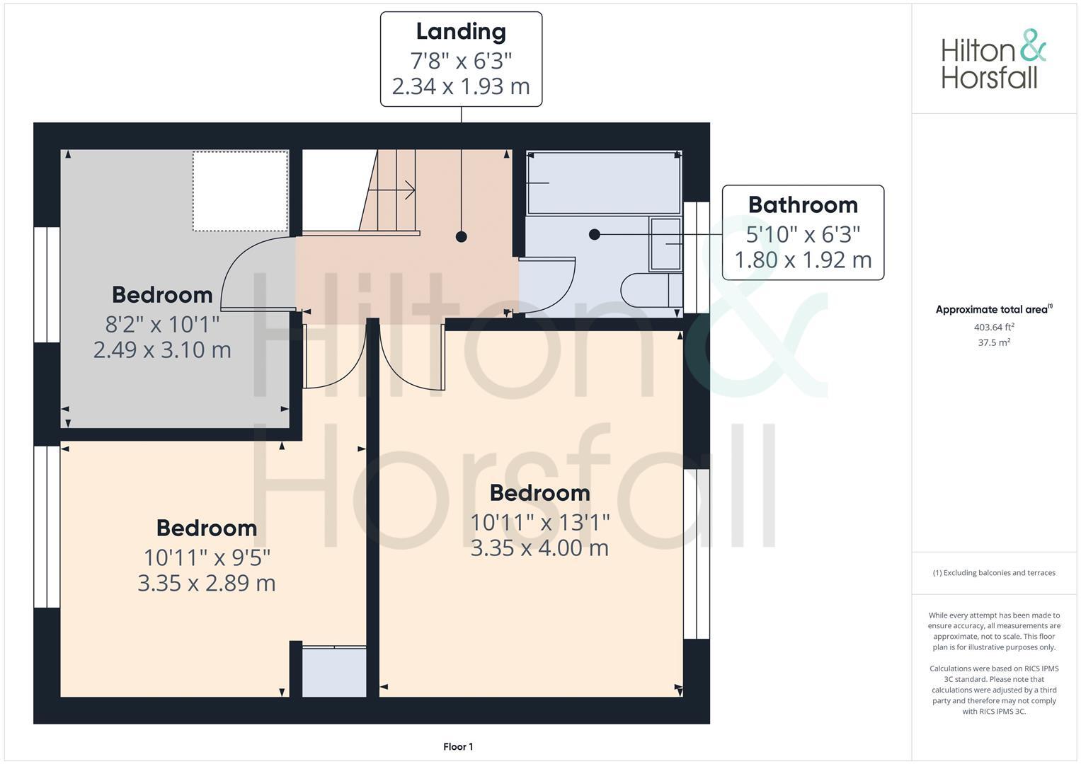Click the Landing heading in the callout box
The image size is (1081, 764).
pyautogui.click(x=461, y=32)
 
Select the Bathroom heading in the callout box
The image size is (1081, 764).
pyautogui.click(x=803, y=205)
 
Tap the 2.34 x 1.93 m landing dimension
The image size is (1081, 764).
pyautogui.click(x=461, y=86)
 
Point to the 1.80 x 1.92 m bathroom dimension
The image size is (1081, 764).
pyautogui.click(x=803, y=260)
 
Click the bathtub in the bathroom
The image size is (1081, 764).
pyautogui.click(x=603, y=183)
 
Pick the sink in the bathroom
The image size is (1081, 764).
pyautogui.click(x=665, y=244)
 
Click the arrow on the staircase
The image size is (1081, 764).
pyautogui.click(x=408, y=190)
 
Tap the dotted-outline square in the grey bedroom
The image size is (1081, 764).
pyautogui.click(x=240, y=191)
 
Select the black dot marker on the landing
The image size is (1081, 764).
pyautogui.click(x=462, y=237)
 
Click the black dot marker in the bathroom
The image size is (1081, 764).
pyautogui.click(x=595, y=234)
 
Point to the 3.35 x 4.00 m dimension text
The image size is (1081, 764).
pyautogui.click(x=539, y=548)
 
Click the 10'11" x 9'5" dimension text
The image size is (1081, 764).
pyautogui.click(x=207, y=558)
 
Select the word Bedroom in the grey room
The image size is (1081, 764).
pyautogui.click(x=162, y=295)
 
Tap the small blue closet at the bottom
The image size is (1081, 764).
pyautogui.click(x=334, y=672)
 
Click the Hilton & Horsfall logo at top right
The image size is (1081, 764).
pyautogui.click(x=993, y=59)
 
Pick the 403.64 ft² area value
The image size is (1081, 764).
pyautogui.click(x=994, y=327)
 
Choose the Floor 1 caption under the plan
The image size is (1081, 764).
pyautogui.click(x=458, y=746)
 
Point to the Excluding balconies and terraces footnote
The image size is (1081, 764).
pyautogui.click(x=994, y=573)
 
